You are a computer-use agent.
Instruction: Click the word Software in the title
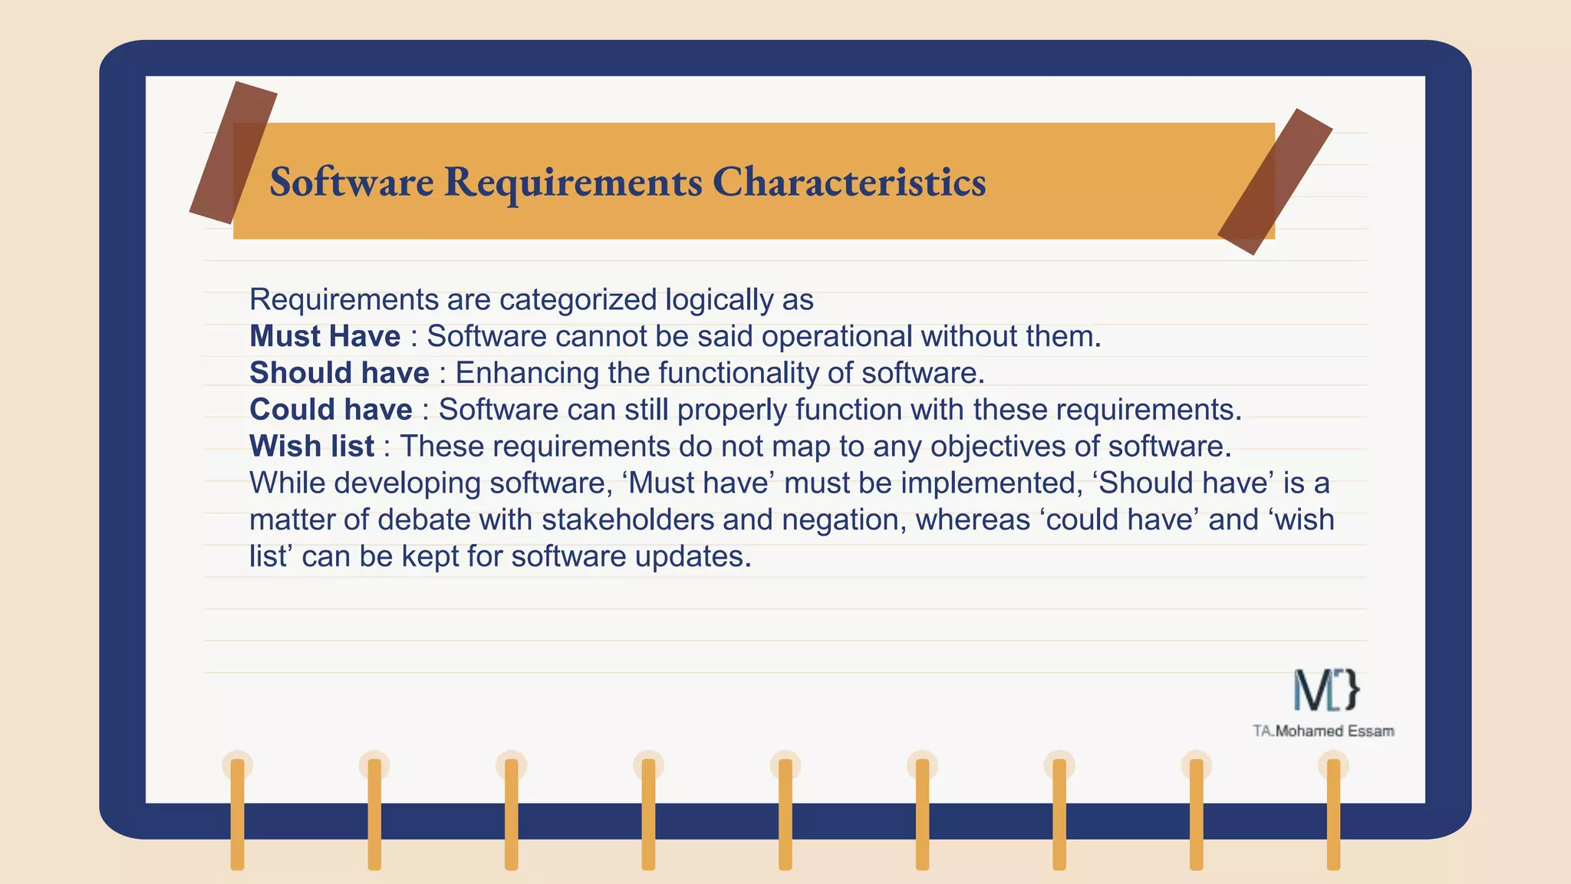(x=351, y=182)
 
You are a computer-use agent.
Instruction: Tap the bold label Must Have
(x=324, y=336)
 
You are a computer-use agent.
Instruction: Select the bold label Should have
(x=339, y=373)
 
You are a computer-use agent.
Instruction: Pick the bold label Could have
(x=331, y=410)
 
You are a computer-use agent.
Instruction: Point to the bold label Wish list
(x=311, y=447)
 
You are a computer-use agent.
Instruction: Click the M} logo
(x=1326, y=690)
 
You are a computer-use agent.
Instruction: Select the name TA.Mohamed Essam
(x=1323, y=731)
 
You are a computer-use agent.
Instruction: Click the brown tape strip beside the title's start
(x=232, y=152)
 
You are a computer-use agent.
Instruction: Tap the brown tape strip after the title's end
(x=1274, y=182)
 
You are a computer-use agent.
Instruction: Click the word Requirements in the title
(x=572, y=182)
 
